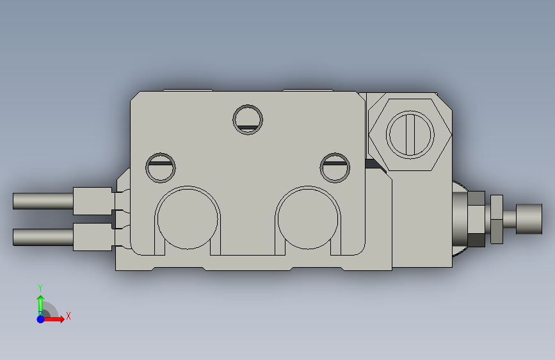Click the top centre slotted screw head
coord(248,119)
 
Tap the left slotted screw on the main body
coord(161,168)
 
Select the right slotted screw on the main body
coord(335,168)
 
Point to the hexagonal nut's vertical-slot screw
coord(410,135)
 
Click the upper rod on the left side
coord(43,201)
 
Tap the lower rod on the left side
coord(43,237)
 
